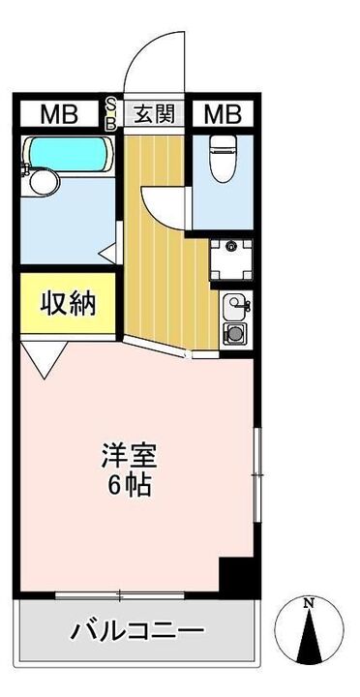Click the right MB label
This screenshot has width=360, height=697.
coord(222,115)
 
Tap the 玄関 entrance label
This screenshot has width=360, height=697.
coord(154,114)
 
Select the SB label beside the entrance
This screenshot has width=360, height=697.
coord(110,113)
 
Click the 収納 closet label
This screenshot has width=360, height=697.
coord(67,305)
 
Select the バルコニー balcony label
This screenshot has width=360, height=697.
coord(136,631)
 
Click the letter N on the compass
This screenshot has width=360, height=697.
coord(309,604)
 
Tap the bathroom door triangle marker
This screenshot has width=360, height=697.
coord(108,255)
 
